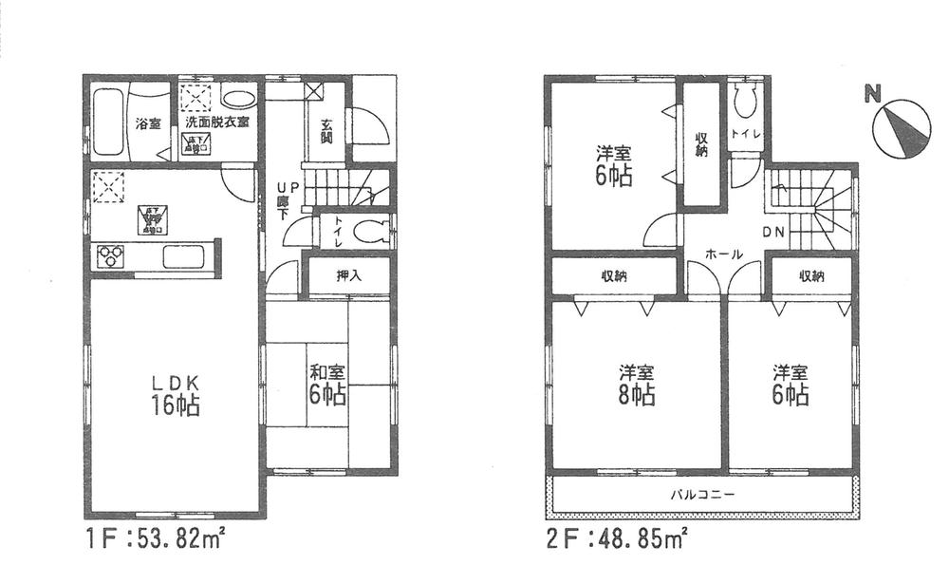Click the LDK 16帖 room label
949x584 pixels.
[176, 394]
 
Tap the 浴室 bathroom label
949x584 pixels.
[147, 123]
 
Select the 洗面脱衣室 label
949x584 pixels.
[217, 122]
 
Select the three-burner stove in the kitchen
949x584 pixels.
[109, 256]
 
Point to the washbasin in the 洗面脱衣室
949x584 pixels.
[238, 98]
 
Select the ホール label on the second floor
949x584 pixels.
[723, 254]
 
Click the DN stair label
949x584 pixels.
[772, 233]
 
